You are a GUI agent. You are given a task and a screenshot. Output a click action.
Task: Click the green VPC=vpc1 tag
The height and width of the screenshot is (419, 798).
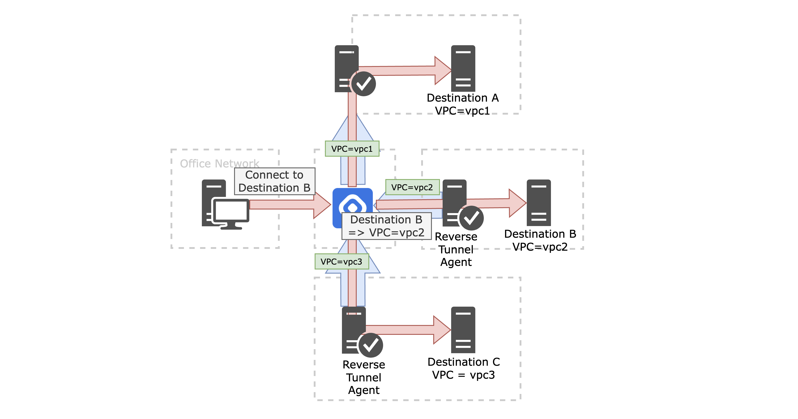[x=352, y=149]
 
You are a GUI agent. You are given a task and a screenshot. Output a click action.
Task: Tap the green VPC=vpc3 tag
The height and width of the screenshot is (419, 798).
[x=341, y=262]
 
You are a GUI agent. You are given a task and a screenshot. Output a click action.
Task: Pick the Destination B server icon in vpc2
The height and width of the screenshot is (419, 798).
[x=538, y=203]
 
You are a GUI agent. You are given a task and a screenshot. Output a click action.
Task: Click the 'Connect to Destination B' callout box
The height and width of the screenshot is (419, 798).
[x=275, y=181]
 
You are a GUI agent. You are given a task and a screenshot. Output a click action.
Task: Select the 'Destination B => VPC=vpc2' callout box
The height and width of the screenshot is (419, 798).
[x=386, y=226]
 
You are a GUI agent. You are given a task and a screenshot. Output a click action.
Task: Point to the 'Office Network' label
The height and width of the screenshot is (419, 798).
[x=219, y=163]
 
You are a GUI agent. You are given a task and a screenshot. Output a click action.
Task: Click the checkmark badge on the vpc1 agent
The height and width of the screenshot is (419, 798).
[x=363, y=84]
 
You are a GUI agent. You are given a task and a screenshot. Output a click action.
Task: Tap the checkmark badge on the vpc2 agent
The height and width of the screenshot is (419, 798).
[x=471, y=218]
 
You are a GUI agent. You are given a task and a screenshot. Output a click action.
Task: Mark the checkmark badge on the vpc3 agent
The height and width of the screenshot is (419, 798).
[x=371, y=345]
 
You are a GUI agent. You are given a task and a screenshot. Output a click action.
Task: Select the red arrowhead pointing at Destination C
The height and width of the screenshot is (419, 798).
[x=441, y=330]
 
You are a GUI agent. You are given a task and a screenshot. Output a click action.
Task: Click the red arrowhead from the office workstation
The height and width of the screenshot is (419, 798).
[x=322, y=205]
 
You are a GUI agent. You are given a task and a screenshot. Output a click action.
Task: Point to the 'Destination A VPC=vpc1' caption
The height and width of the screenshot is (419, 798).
[x=463, y=104]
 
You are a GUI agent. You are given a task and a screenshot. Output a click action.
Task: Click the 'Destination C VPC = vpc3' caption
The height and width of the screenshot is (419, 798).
[x=463, y=368]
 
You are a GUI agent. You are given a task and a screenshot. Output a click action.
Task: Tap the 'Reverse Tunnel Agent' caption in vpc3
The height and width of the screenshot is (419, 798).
[x=364, y=377]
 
